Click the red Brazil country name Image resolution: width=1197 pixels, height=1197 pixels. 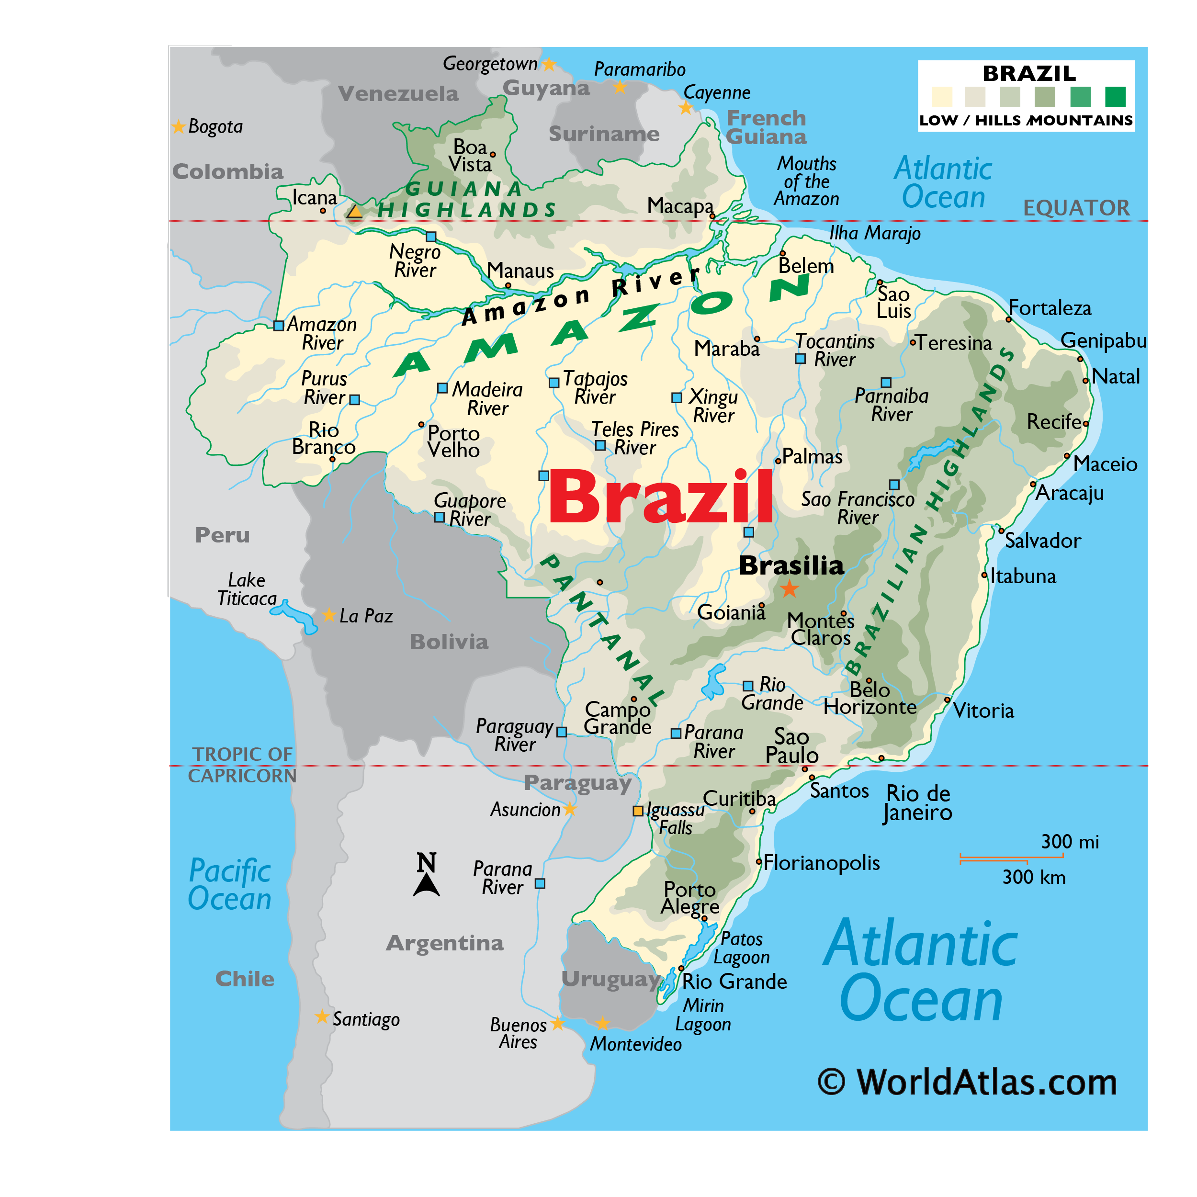660,497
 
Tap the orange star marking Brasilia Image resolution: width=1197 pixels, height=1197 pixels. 789,588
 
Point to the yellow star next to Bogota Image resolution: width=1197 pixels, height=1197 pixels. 179,126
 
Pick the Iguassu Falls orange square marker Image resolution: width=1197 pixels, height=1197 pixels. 638,811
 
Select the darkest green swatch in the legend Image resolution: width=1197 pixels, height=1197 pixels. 1115,97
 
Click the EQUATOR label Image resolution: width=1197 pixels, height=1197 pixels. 1076,208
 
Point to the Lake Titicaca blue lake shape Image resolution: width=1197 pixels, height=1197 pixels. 294,615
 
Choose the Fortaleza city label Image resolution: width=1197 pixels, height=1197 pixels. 1050,308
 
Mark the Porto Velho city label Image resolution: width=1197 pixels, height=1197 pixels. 453,441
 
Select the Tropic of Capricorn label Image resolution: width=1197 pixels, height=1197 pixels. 242,765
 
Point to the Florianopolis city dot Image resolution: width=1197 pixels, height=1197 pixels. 758,862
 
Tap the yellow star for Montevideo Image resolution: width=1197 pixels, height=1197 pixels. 602,1024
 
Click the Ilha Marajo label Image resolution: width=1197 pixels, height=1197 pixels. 875,233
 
